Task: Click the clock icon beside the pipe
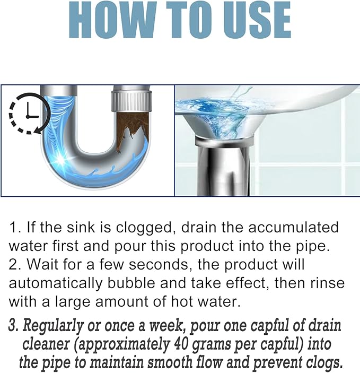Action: tap(29, 114)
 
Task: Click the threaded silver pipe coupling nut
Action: tap(131, 102)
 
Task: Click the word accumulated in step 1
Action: tap(293, 227)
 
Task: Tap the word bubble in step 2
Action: tap(131, 283)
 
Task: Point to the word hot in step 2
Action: tap(182, 302)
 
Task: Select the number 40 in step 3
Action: tap(181, 344)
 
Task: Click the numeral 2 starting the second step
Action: tap(12, 265)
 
